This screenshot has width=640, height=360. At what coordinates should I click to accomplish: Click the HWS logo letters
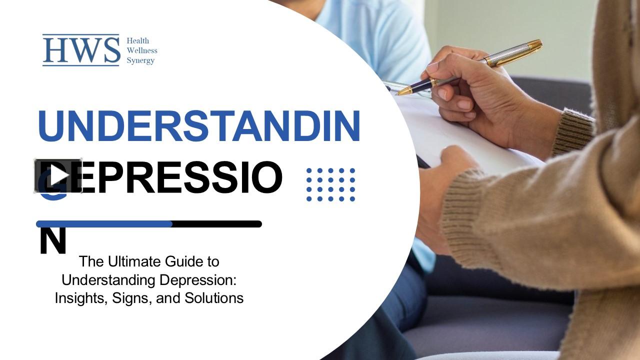(81, 50)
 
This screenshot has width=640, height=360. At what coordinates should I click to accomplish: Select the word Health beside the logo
(137, 40)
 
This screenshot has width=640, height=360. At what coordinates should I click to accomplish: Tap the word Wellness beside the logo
(141, 50)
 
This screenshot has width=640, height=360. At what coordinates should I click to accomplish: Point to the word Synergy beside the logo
(140, 60)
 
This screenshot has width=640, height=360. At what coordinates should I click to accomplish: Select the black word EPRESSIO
(180, 178)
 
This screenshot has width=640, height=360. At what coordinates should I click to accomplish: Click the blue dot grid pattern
(330, 184)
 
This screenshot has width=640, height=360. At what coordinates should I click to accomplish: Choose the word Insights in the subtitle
(76, 298)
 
